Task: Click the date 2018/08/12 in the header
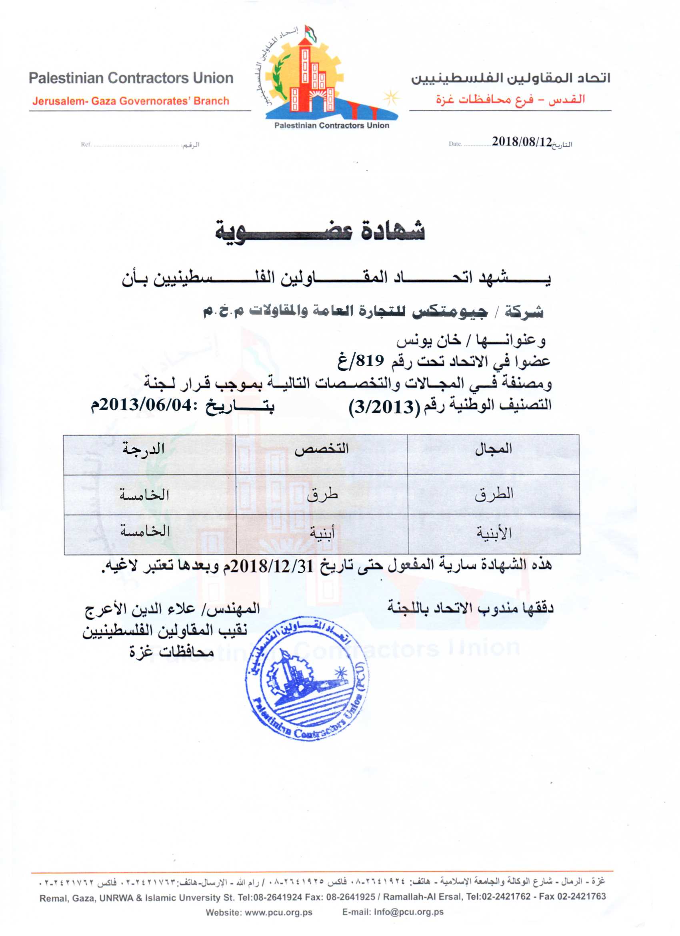point(522,142)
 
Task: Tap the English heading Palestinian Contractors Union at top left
point(131,78)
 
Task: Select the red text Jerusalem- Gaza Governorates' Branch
point(131,101)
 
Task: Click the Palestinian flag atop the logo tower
point(311,33)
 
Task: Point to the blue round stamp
point(308,679)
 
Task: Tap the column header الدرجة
point(143,449)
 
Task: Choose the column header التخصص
point(322,449)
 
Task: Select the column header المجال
point(494,449)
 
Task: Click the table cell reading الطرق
point(494,493)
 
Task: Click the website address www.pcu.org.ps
point(278,912)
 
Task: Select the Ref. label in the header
point(86,144)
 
